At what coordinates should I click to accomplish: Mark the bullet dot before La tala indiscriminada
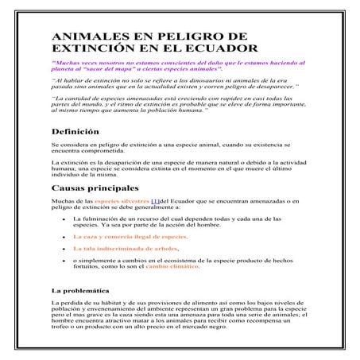[63, 249]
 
